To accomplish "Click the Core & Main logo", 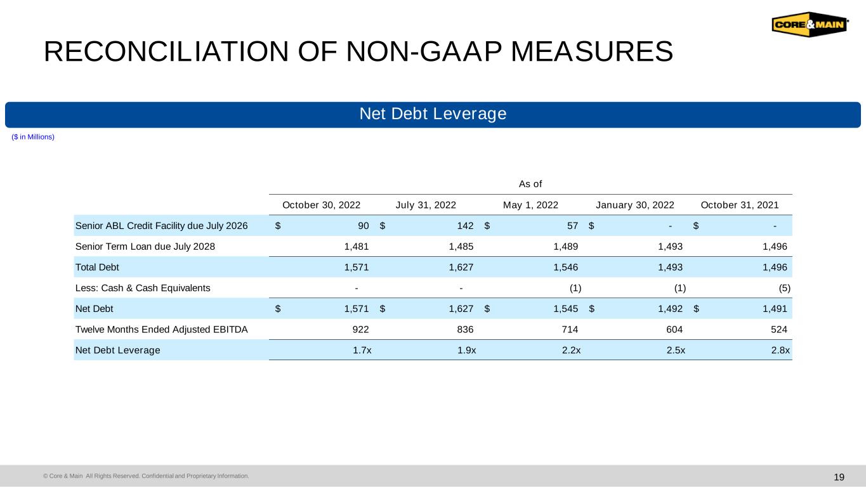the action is [810, 24].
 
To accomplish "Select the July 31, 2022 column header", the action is [426, 205].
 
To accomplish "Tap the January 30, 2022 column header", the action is [635, 205].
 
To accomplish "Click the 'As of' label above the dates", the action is [530, 184].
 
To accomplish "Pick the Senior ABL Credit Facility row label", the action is [161, 226].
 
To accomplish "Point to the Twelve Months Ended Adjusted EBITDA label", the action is [161, 329].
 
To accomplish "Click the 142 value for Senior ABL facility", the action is [465, 226].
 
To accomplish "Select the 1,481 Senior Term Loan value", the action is [357, 247].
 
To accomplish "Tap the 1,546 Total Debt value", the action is [566, 267].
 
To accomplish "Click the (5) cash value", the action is [784, 288].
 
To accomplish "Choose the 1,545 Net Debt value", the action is [566, 309].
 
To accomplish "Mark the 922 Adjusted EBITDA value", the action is [361, 329].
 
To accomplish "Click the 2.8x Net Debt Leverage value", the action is [780, 350].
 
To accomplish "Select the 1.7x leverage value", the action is [362, 350].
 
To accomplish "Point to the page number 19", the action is [839, 477].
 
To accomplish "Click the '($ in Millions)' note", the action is [33, 137].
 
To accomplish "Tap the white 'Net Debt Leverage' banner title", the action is [433, 114].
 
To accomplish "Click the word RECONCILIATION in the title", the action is [166, 51].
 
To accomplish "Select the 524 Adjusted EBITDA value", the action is [778, 329].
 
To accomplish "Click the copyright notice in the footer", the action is [146, 476].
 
